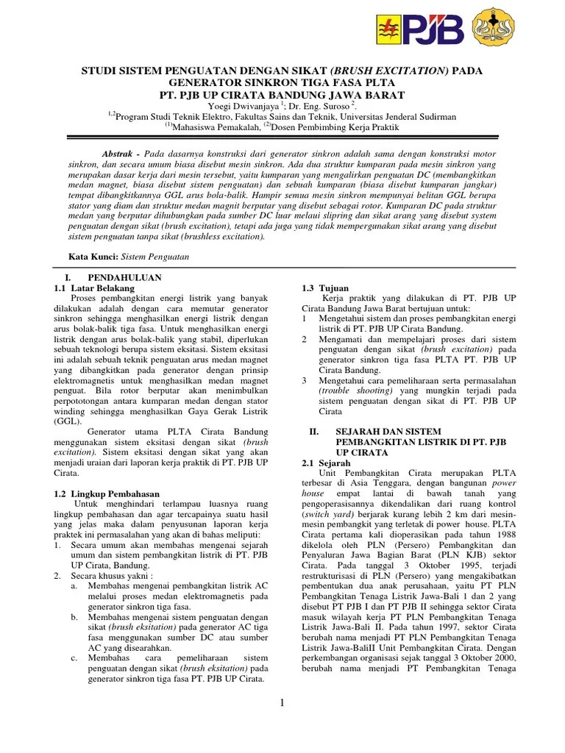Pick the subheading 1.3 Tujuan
(325, 288)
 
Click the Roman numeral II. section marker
(314, 430)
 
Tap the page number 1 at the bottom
(282, 704)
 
